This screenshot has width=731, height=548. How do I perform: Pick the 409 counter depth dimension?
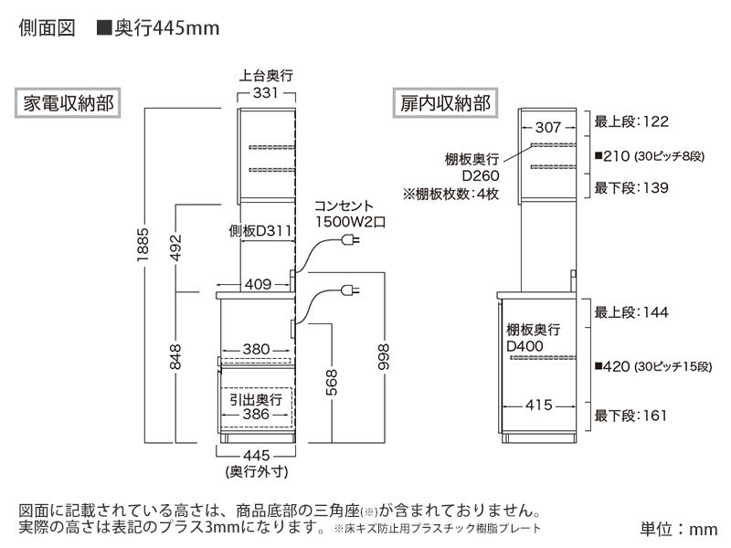click(257, 284)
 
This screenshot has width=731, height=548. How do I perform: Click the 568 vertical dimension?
click(331, 385)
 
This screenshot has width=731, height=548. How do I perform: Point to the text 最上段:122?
click(631, 121)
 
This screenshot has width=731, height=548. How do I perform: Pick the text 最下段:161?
click(631, 416)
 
